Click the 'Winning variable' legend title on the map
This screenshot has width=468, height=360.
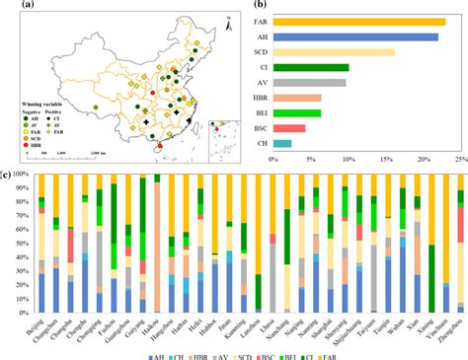[x=35, y=99]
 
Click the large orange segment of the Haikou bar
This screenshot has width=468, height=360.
[x=157, y=247]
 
